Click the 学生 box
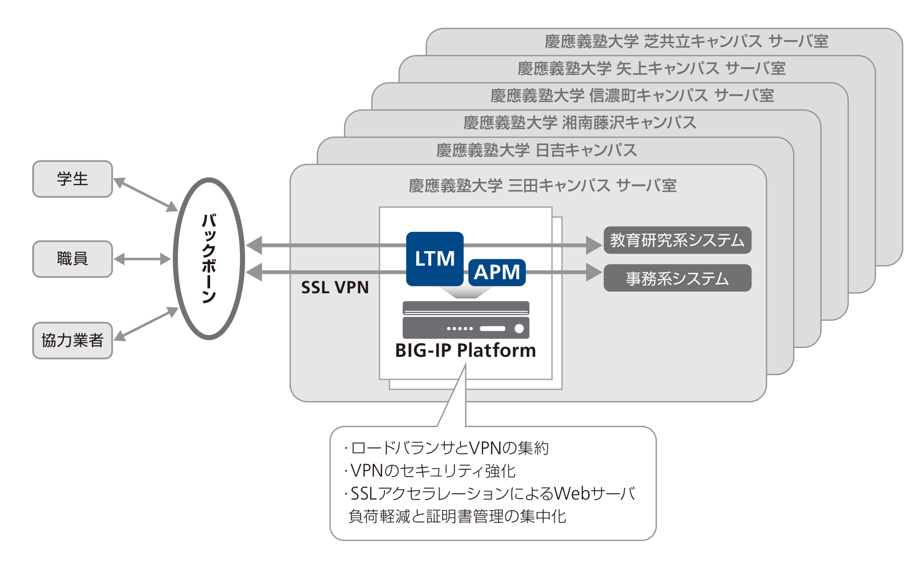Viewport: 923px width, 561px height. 72,179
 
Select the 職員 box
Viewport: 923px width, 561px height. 72,259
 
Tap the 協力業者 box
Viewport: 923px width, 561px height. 72,340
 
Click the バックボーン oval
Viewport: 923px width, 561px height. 209,258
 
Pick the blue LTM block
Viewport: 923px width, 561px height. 434,258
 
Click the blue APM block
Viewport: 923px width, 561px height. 497,272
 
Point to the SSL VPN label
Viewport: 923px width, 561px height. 335,288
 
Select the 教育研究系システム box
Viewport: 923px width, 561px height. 677,240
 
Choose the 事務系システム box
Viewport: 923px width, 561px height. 677,278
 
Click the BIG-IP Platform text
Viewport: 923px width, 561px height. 465,351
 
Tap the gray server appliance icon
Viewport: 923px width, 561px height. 466,320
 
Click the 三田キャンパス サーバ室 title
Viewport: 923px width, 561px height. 542,185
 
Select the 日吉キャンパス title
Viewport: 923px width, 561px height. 537,150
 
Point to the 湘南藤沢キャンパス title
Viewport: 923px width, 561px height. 580,122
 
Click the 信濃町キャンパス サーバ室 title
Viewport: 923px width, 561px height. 632,95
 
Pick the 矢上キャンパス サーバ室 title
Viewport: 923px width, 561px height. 651,68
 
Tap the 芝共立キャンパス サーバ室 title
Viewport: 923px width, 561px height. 686,41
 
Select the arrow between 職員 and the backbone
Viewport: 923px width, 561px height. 142,259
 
